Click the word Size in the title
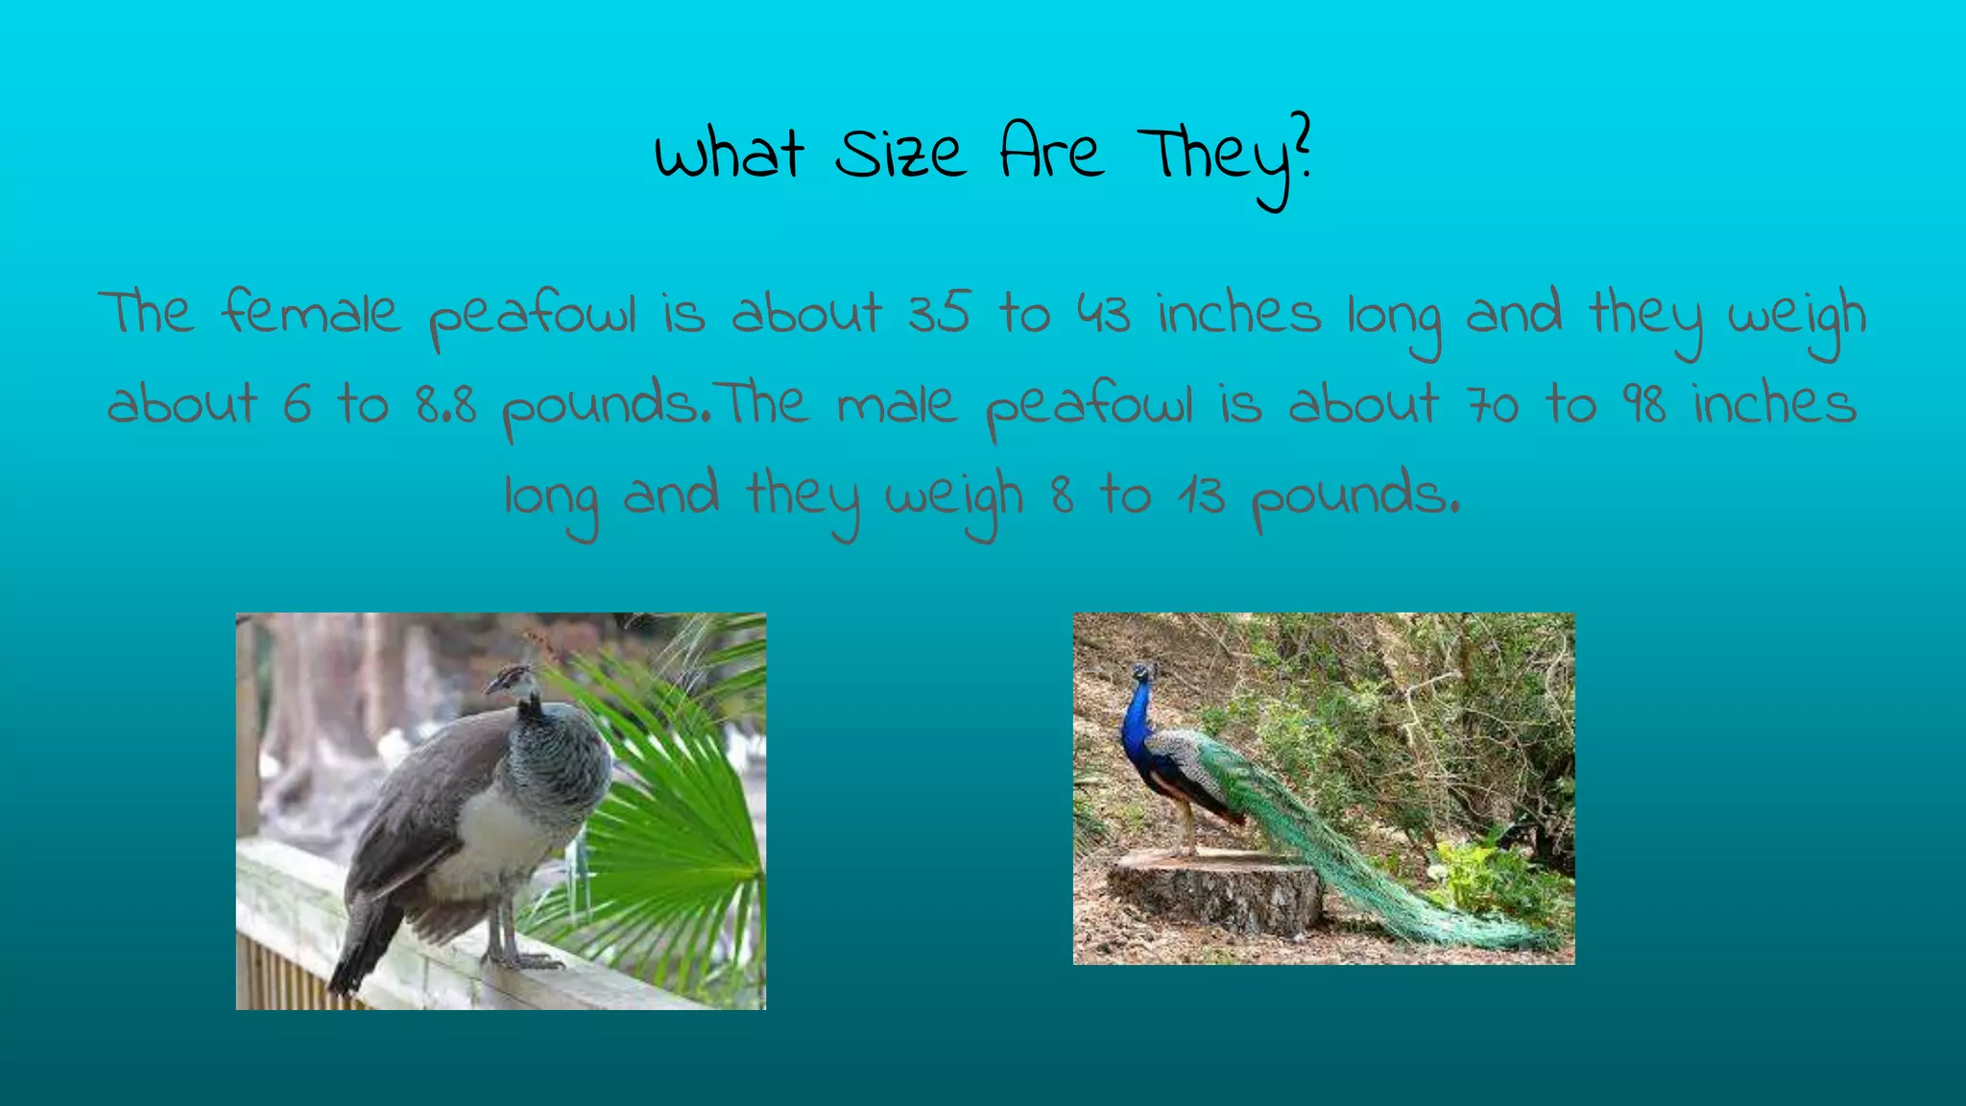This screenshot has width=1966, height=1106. tap(899, 154)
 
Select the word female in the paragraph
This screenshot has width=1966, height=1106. tap(309, 313)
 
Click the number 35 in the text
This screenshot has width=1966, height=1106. tap(939, 313)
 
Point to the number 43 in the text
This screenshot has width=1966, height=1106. tap(1103, 313)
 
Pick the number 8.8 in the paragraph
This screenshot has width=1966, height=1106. tap(446, 403)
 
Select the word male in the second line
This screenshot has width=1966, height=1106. tap(897, 403)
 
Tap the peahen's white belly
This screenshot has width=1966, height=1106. tap(490, 835)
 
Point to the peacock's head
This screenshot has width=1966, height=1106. tap(1141, 671)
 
